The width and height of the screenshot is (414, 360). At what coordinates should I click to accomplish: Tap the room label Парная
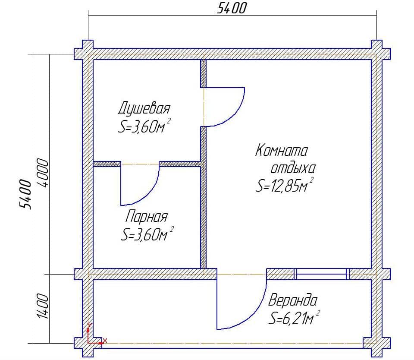[146, 216]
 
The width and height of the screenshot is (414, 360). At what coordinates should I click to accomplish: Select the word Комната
[282, 151]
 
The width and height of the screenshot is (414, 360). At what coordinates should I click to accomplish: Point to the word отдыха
[293, 168]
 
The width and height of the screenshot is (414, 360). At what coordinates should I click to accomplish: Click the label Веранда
[292, 300]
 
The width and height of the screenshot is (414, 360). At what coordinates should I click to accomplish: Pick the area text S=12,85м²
[284, 185]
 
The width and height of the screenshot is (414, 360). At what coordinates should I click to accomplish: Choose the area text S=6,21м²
[294, 317]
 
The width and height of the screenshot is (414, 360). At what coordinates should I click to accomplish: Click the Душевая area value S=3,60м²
[144, 126]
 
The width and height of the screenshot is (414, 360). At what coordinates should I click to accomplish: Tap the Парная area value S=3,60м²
[147, 234]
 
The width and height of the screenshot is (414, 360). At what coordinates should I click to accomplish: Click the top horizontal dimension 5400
[232, 8]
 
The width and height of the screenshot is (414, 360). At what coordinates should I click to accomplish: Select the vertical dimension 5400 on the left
[25, 194]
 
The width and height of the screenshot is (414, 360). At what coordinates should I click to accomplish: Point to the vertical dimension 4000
[43, 173]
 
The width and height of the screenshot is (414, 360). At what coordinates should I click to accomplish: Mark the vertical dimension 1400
[43, 306]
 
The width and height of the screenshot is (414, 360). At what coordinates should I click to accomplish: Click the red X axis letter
[105, 341]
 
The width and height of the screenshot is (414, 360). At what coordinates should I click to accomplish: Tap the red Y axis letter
[90, 325]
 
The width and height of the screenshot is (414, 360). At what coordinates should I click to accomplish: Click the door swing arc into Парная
[148, 193]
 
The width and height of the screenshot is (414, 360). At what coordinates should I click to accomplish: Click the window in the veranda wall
[322, 274]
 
